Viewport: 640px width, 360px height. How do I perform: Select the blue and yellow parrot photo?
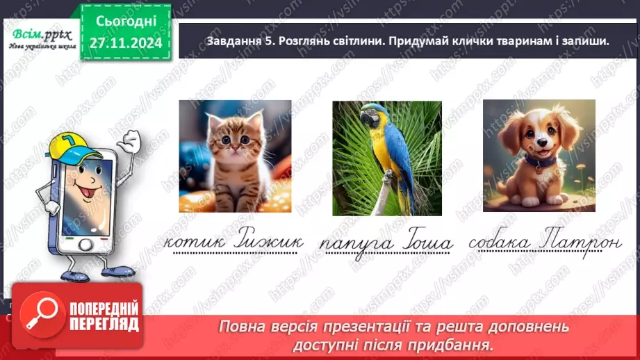point(386,158)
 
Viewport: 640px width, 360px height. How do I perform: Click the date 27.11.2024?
point(125,43)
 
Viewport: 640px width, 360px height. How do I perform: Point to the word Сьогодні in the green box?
point(125,22)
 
